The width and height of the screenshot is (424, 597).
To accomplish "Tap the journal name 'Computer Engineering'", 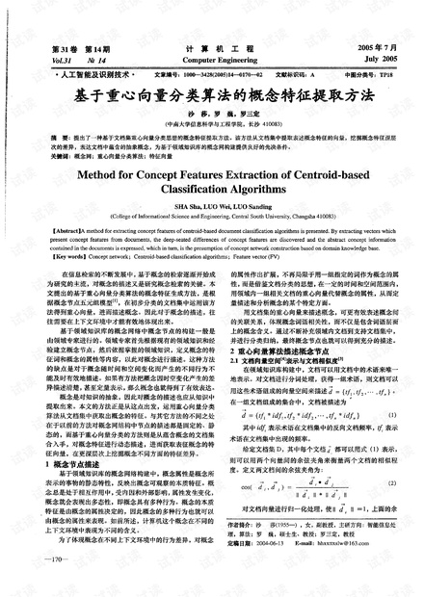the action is point(211,59).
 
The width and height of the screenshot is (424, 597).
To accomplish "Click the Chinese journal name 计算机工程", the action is point(211,46).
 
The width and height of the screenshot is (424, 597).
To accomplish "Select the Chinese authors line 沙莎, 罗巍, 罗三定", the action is point(211,115).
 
